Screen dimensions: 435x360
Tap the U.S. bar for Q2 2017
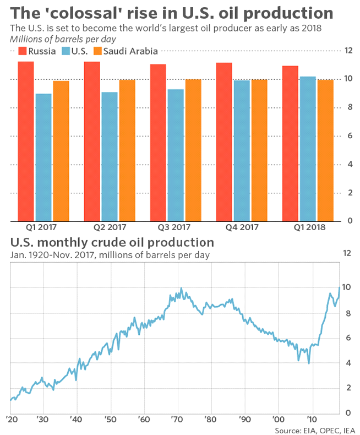point(110,156)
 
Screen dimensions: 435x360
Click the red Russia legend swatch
point(23,51)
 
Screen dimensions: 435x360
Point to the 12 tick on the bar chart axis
point(347,51)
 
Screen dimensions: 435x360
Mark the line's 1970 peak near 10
point(181,289)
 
